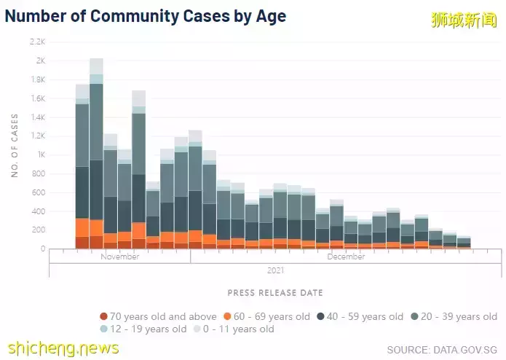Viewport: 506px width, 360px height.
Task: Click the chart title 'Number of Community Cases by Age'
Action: [x=145, y=16]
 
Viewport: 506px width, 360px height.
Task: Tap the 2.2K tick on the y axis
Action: [x=38, y=42]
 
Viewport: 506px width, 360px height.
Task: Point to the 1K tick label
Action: [x=41, y=155]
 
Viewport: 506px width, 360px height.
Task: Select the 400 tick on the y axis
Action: [x=39, y=211]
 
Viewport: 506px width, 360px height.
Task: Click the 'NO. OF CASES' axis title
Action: [x=14, y=146]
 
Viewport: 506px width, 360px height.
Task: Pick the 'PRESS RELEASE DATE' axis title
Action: [x=274, y=293]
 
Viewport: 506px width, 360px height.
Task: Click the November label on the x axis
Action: [x=120, y=257]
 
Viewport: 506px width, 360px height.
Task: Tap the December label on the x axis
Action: [x=346, y=257]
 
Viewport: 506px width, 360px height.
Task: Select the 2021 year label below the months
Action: [x=274, y=270]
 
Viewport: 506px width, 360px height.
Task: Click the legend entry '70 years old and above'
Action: [x=158, y=316]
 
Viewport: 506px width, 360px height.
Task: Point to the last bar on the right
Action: [x=464, y=243]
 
